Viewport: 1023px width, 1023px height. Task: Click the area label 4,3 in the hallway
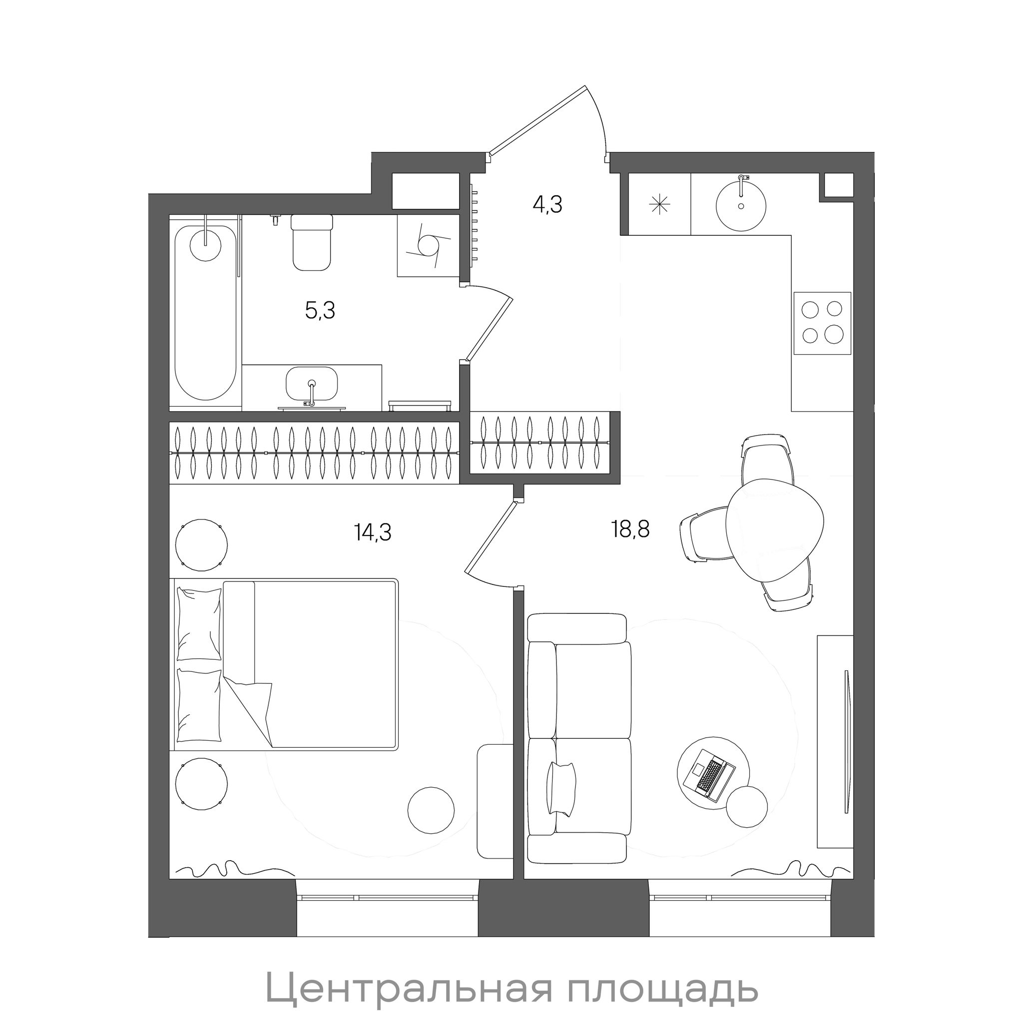pyautogui.click(x=547, y=204)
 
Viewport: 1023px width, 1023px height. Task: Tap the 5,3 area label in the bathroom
pyautogui.click(x=320, y=310)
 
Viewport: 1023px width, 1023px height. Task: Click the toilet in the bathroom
pyautogui.click(x=312, y=242)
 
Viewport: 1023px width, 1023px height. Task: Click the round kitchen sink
pyautogui.click(x=741, y=204)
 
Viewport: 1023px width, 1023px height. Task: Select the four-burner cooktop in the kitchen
pyautogui.click(x=822, y=323)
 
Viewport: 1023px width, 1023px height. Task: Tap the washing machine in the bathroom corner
pyautogui.click(x=428, y=246)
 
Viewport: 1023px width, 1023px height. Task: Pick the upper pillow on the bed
pyautogui.click(x=199, y=624)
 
